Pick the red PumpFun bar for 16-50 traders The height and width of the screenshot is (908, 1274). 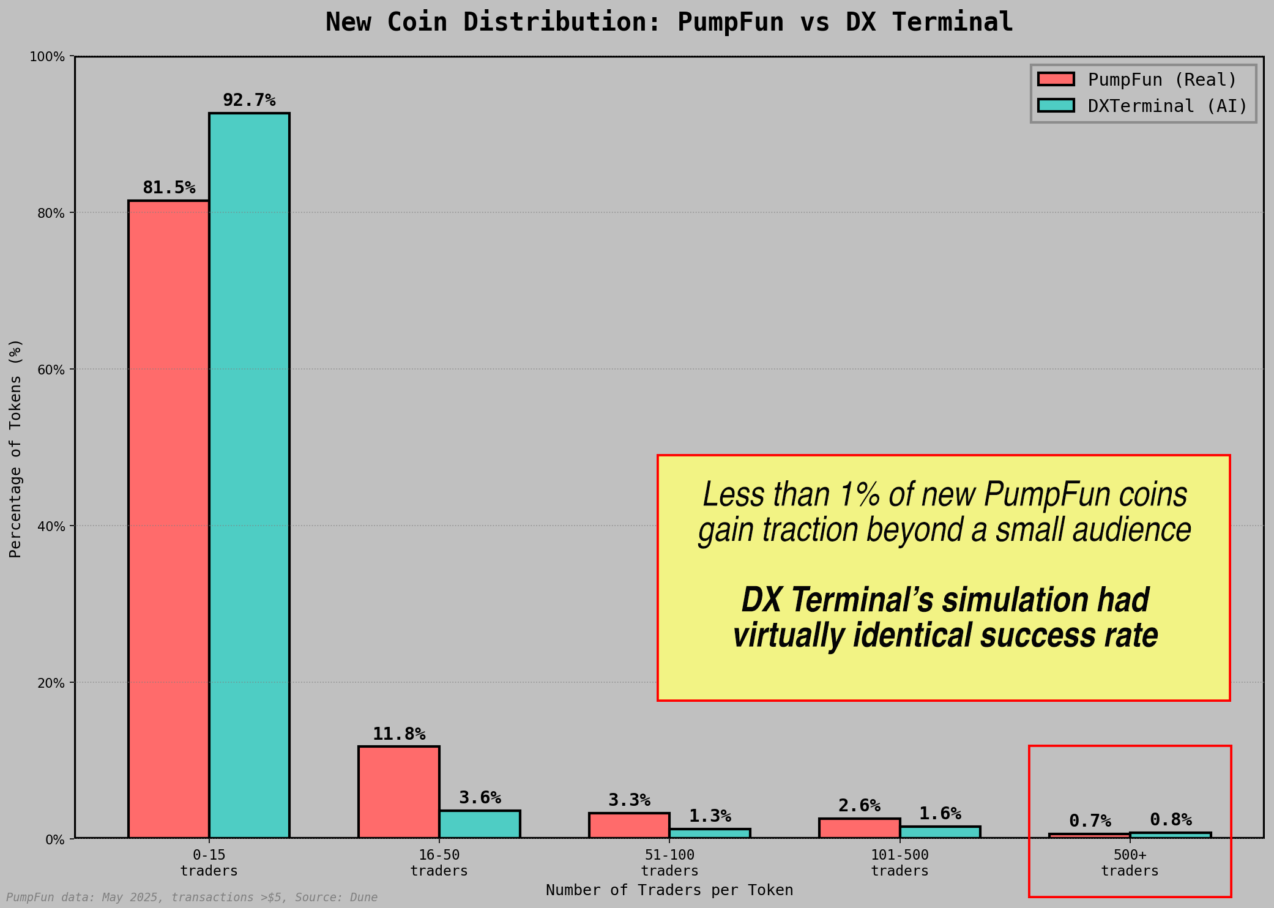(398, 792)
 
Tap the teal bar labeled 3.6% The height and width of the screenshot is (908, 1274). (479, 824)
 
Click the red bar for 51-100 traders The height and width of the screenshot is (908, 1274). (629, 825)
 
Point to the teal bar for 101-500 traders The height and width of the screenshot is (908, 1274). (940, 832)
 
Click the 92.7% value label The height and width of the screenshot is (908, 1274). (249, 100)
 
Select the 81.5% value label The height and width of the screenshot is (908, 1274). (169, 188)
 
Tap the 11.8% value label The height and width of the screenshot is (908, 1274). (399, 734)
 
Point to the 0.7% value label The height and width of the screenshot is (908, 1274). (1090, 821)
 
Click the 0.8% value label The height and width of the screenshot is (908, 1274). (1171, 820)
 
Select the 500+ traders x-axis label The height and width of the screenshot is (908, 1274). (1130, 863)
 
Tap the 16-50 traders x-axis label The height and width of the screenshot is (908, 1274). (439, 863)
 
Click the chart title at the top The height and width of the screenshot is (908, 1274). (669, 23)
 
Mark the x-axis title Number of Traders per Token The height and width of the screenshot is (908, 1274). (669, 890)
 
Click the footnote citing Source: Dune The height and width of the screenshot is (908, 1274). (192, 898)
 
